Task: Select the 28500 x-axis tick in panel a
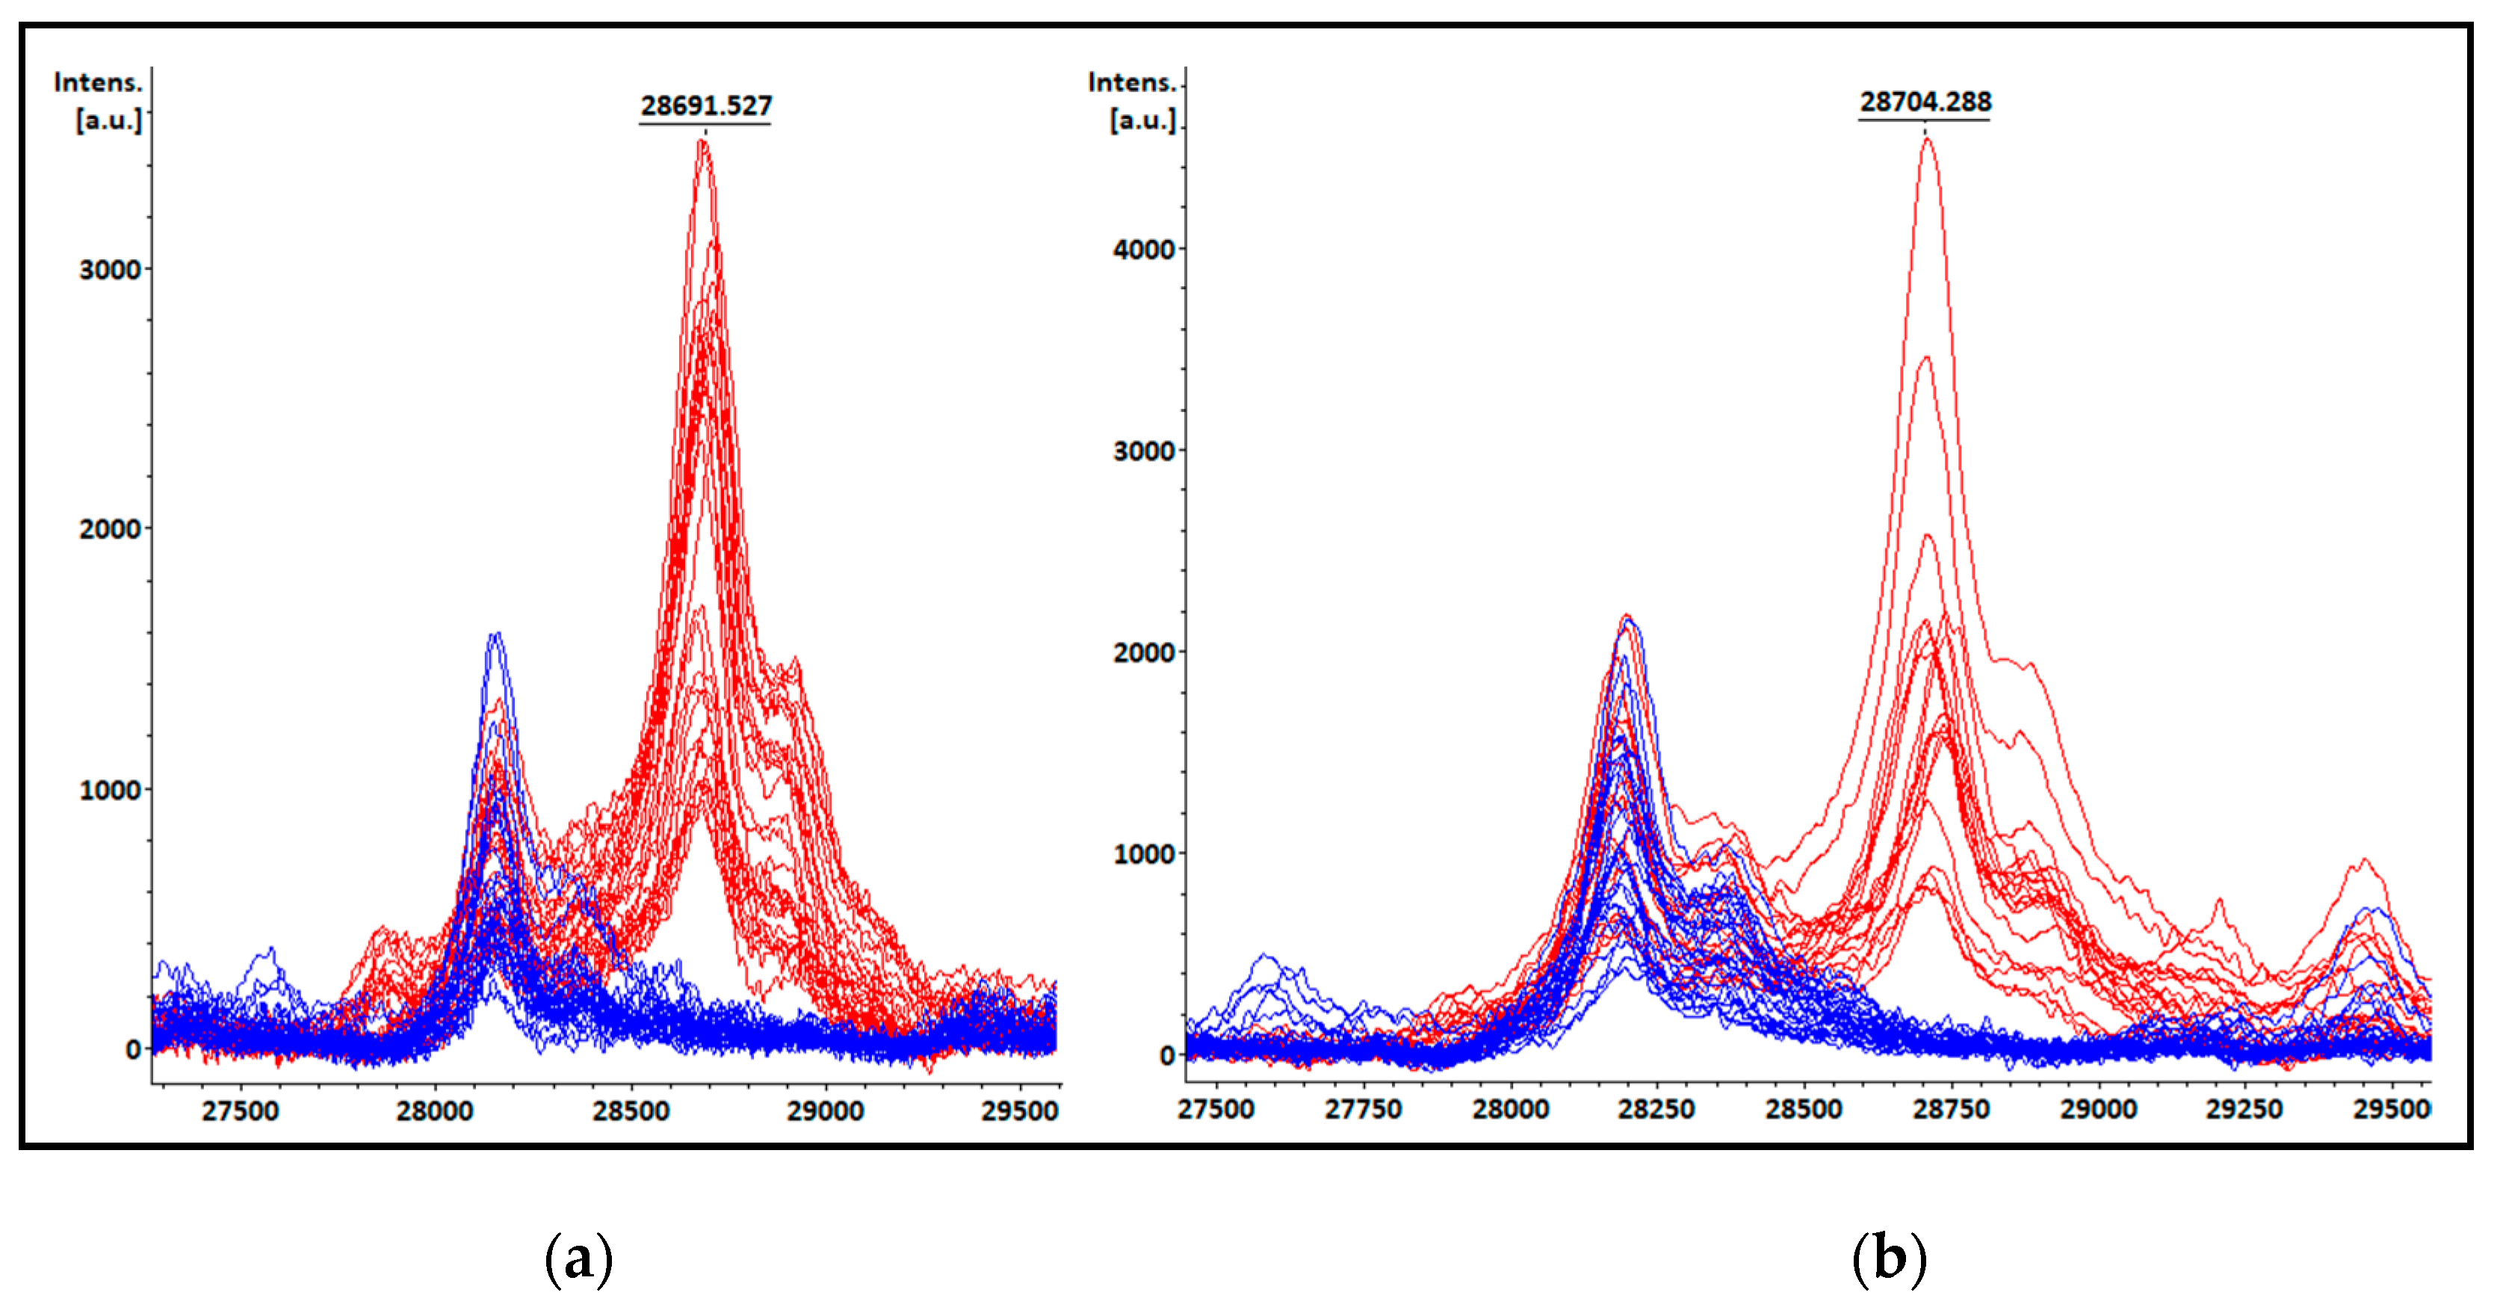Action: (631, 1110)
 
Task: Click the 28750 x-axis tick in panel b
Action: (1950, 1108)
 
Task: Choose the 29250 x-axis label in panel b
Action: (2244, 1108)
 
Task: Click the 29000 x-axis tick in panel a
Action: (825, 1110)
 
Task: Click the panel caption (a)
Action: (579, 1258)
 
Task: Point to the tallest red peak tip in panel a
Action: (702, 142)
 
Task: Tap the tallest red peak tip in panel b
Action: (1927, 139)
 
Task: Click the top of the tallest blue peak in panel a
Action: (495, 634)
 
